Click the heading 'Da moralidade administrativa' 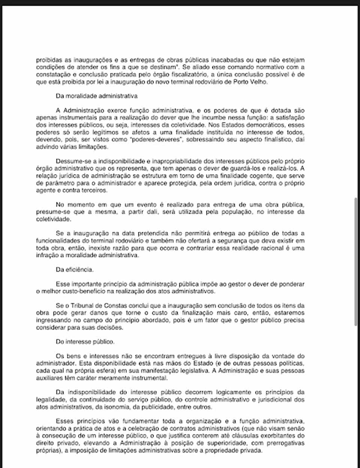click(97, 96)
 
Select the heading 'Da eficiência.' click(75, 269)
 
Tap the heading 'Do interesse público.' click(85, 342)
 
